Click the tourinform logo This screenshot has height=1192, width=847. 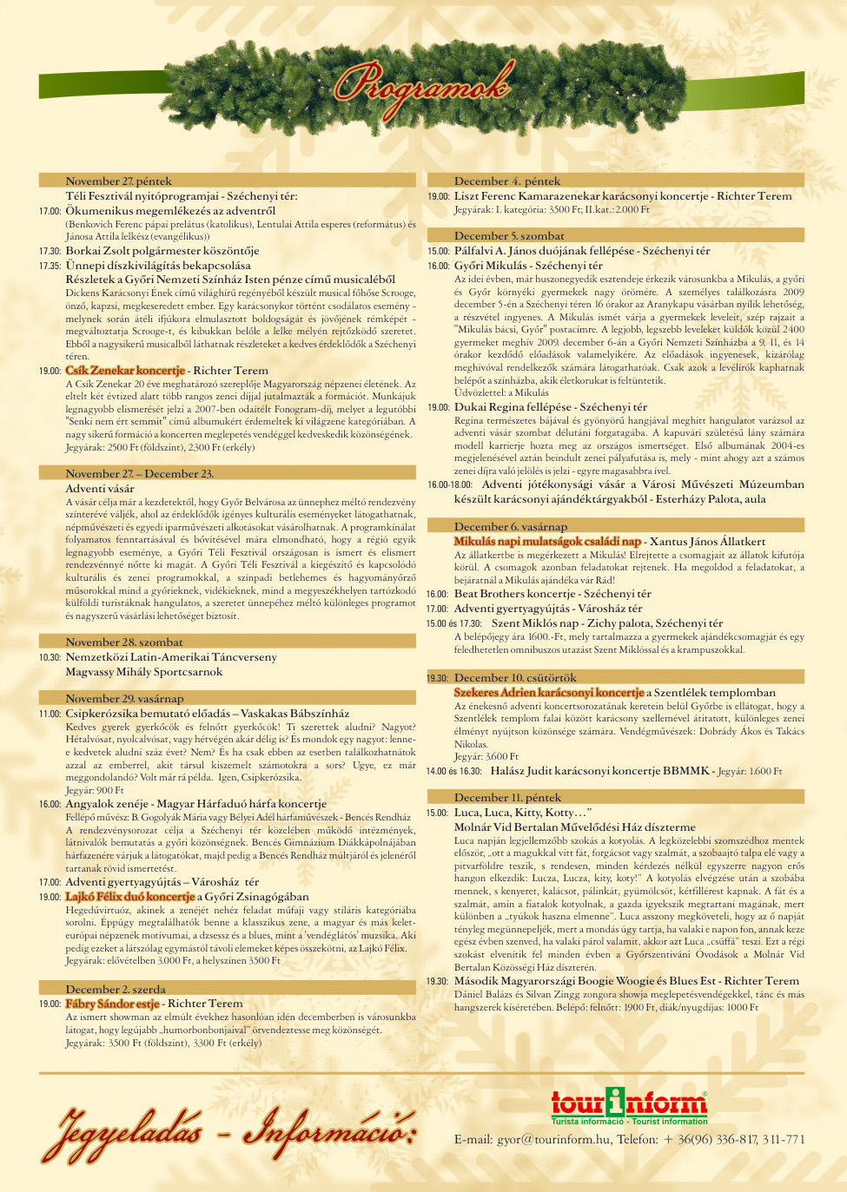(629, 1105)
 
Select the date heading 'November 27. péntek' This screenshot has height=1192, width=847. (119, 181)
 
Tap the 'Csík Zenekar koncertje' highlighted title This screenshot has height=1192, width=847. (125, 371)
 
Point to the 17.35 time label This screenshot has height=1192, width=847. (50, 266)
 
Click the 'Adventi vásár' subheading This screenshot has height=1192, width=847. (100, 489)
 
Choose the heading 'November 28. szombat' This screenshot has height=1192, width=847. (124, 642)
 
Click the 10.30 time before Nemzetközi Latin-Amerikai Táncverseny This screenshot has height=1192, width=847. (50, 658)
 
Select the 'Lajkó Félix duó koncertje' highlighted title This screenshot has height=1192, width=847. (130, 897)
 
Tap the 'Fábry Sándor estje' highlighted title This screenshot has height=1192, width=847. (113, 1004)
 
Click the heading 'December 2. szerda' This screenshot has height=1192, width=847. (116, 989)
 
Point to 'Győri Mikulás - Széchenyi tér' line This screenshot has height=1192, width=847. (528, 266)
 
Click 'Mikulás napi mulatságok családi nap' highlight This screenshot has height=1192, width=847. (547, 542)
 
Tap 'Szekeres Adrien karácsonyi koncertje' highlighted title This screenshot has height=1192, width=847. (549, 693)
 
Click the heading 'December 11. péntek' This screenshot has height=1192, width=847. (507, 798)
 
